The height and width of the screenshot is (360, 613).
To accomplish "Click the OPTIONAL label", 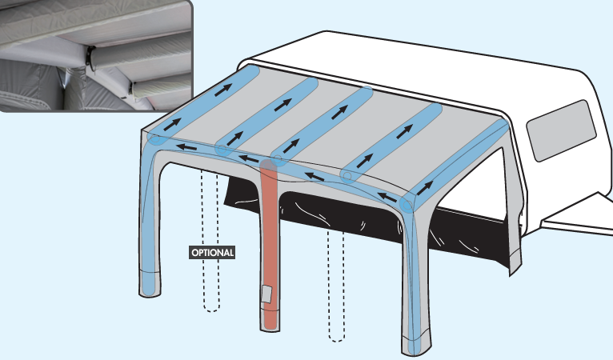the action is (212, 253).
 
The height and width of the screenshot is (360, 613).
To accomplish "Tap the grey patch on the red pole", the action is (267, 294).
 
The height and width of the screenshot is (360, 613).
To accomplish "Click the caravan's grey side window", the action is (562, 130).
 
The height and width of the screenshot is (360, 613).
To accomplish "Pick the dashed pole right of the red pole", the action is (336, 286).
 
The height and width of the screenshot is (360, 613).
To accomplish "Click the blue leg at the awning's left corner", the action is (149, 219).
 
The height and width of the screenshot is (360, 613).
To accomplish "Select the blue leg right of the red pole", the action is (414, 274).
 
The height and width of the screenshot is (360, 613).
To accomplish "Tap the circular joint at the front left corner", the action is (155, 139).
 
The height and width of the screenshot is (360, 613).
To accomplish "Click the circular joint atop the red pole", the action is (277, 159).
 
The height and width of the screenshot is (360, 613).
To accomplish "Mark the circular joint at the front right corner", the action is (407, 205).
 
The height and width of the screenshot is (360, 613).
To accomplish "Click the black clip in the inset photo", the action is (91, 58).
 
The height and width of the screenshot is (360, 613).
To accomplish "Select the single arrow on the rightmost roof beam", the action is (425, 188).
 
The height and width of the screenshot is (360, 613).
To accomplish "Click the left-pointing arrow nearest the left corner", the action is (186, 147).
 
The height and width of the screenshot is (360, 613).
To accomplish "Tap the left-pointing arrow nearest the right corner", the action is (388, 197).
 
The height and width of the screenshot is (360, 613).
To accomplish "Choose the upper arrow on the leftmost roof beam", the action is (222, 90).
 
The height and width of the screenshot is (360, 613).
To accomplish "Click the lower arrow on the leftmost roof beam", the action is (172, 124).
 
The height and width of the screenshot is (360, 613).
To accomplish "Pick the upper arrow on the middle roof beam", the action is (340, 112).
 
